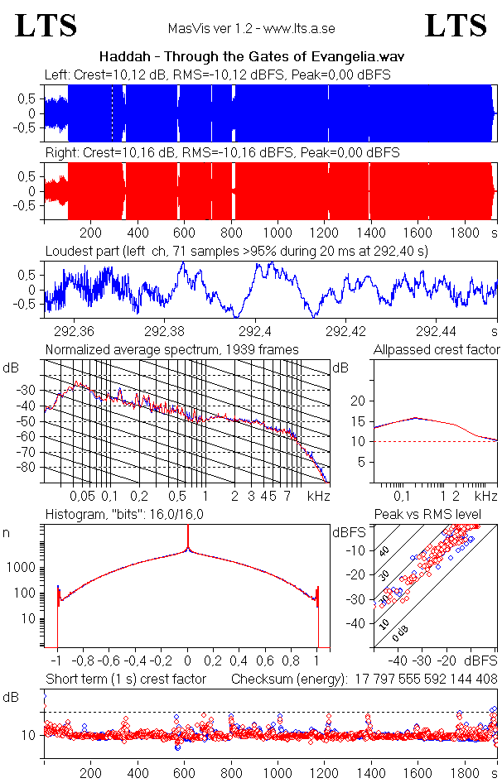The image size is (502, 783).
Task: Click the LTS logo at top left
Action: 46,26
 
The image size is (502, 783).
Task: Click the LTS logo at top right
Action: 456,26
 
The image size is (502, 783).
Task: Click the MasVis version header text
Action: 251,28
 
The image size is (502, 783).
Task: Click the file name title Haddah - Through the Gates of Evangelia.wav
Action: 251,56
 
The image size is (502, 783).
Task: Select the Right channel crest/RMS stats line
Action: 222,153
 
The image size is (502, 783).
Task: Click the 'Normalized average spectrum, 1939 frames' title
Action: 171,349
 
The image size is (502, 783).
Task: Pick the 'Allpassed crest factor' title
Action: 437,349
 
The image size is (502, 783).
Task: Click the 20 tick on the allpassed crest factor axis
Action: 358,401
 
